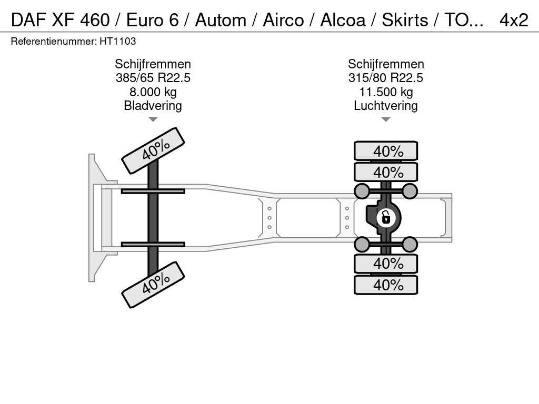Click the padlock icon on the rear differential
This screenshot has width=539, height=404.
pyautogui.click(x=386, y=218)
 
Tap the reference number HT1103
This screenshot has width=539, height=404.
pyautogui.click(x=118, y=42)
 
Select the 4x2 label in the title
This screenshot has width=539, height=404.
pyautogui.click(x=514, y=20)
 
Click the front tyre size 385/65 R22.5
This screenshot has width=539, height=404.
pyautogui.click(x=153, y=78)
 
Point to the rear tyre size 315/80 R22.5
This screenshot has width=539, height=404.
pyautogui.click(x=386, y=78)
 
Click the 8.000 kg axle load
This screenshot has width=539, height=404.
pyautogui.click(x=153, y=92)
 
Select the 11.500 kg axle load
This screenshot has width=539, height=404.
pyautogui.click(x=386, y=92)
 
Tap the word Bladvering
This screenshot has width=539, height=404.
pyautogui.click(x=153, y=106)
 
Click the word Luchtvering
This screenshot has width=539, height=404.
pyautogui.click(x=386, y=106)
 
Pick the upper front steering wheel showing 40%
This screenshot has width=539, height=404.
pyautogui.click(x=153, y=151)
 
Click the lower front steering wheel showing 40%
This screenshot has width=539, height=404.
pyautogui.click(x=153, y=285)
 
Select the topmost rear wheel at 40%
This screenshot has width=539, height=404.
pyautogui.click(x=386, y=151)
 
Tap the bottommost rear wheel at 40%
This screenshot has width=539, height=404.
pyautogui.click(x=386, y=285)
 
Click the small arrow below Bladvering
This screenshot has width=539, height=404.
pyautogui.click(x=153, y=119)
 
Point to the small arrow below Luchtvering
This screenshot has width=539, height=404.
pyautogui.click(x=386, y=119)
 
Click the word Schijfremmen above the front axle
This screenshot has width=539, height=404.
pyautogui.click(x=153, y=64)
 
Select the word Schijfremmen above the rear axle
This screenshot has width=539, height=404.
pyautogui.click(x=386, y=64)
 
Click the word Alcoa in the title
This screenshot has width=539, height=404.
pyautogui.click(x=343, y=20)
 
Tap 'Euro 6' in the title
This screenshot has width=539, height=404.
pyautogui.click(x=153, y=20)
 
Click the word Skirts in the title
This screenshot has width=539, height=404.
pyautogui.click(x=405, y=20)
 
